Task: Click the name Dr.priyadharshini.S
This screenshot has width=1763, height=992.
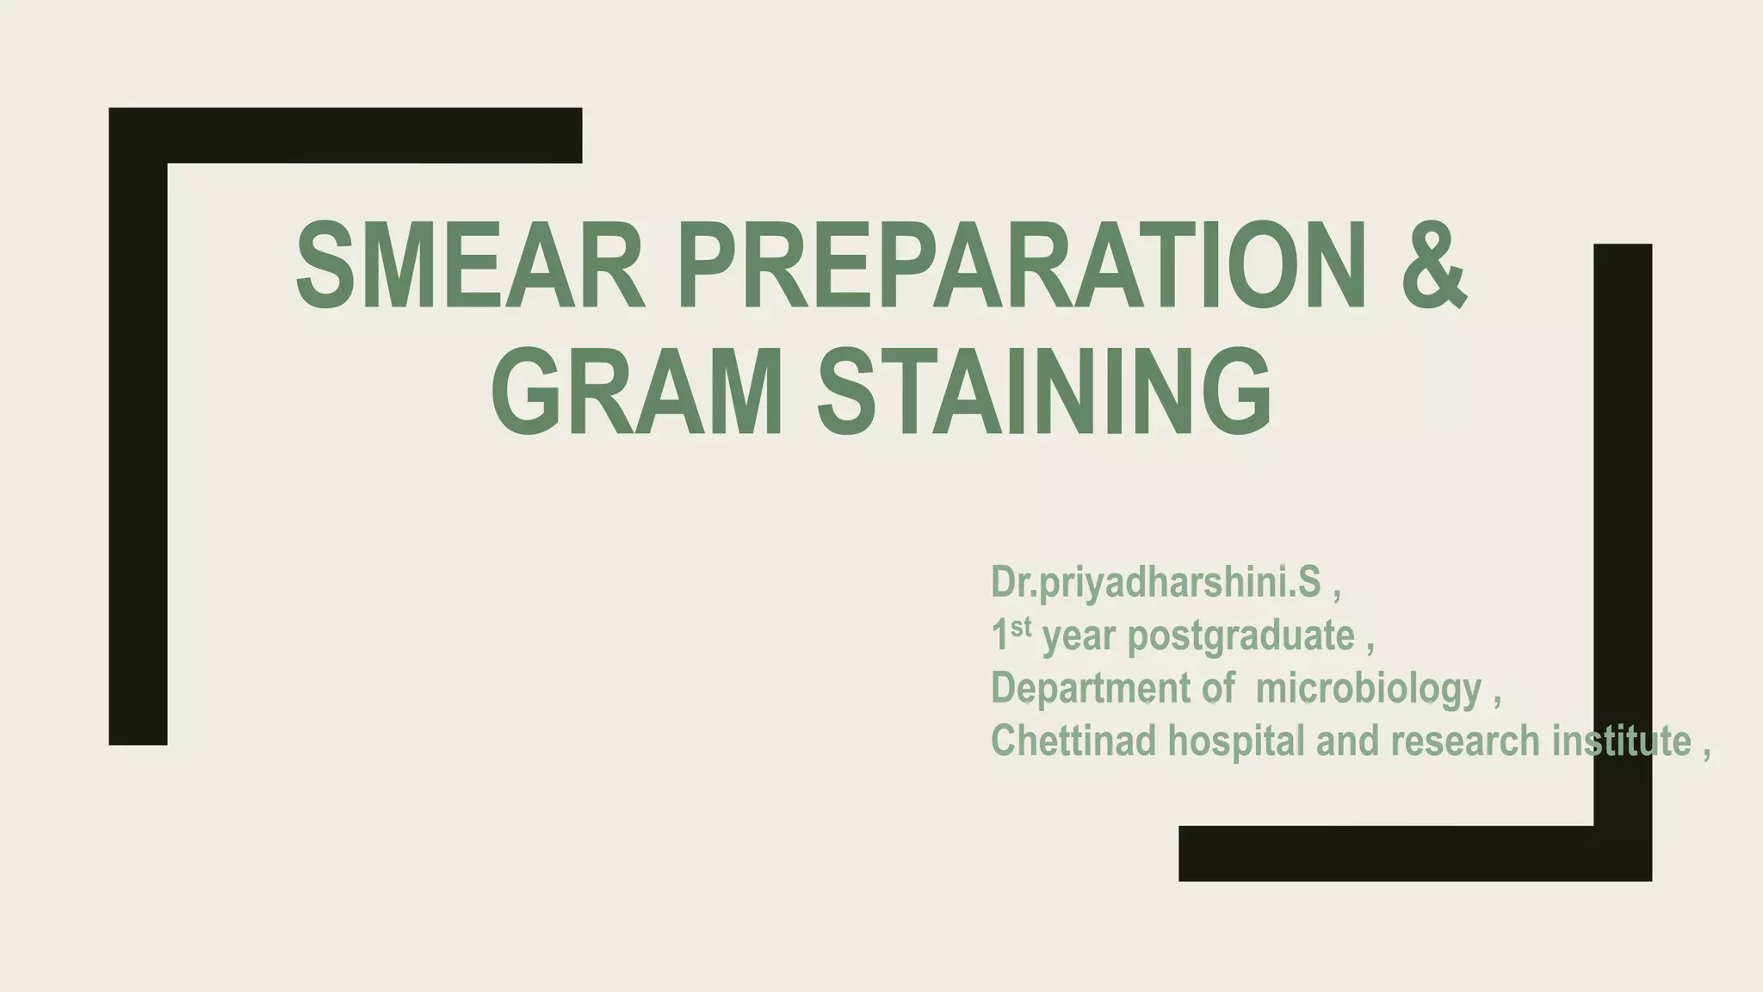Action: (x=1155, y=583)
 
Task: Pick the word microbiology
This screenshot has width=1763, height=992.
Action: (x=1369, y=690)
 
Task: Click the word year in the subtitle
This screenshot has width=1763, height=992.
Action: (x=1079, y=638)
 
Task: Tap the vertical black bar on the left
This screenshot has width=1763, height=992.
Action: (x=138, y=448)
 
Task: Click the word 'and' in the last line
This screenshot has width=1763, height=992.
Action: (x=1349, y=741)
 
